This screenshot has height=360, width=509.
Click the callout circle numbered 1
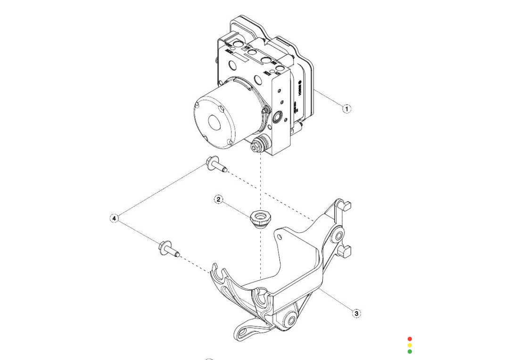tap(346, 109)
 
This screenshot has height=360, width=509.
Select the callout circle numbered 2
tap(218, 199)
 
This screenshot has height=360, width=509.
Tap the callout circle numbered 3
tap(357, 313)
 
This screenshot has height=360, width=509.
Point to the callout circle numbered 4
tap(114, 218)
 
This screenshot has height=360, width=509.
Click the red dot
tap(410, 339)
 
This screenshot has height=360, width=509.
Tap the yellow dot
tap(410, 345)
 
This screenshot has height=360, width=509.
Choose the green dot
tap(410, 352)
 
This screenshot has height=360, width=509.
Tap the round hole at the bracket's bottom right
tap(290, 321)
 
